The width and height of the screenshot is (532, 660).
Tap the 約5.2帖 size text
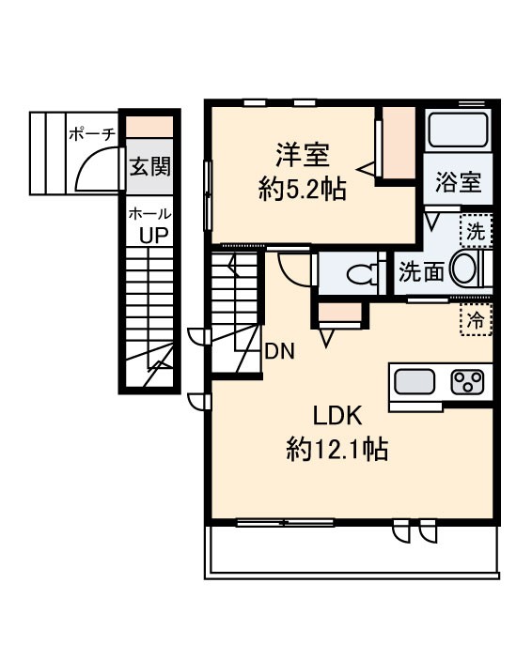point(302,190)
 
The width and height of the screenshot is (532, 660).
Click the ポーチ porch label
point(91,134)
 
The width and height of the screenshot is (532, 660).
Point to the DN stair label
point(279,352)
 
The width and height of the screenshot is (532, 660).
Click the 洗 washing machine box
point(477,228)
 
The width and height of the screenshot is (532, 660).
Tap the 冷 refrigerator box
point(477,320)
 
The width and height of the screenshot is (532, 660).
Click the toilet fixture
point(361,273)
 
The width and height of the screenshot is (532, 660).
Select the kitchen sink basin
point(414,382)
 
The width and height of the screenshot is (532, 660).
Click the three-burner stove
point(467,382)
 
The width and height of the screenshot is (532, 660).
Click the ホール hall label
point(149,214)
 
